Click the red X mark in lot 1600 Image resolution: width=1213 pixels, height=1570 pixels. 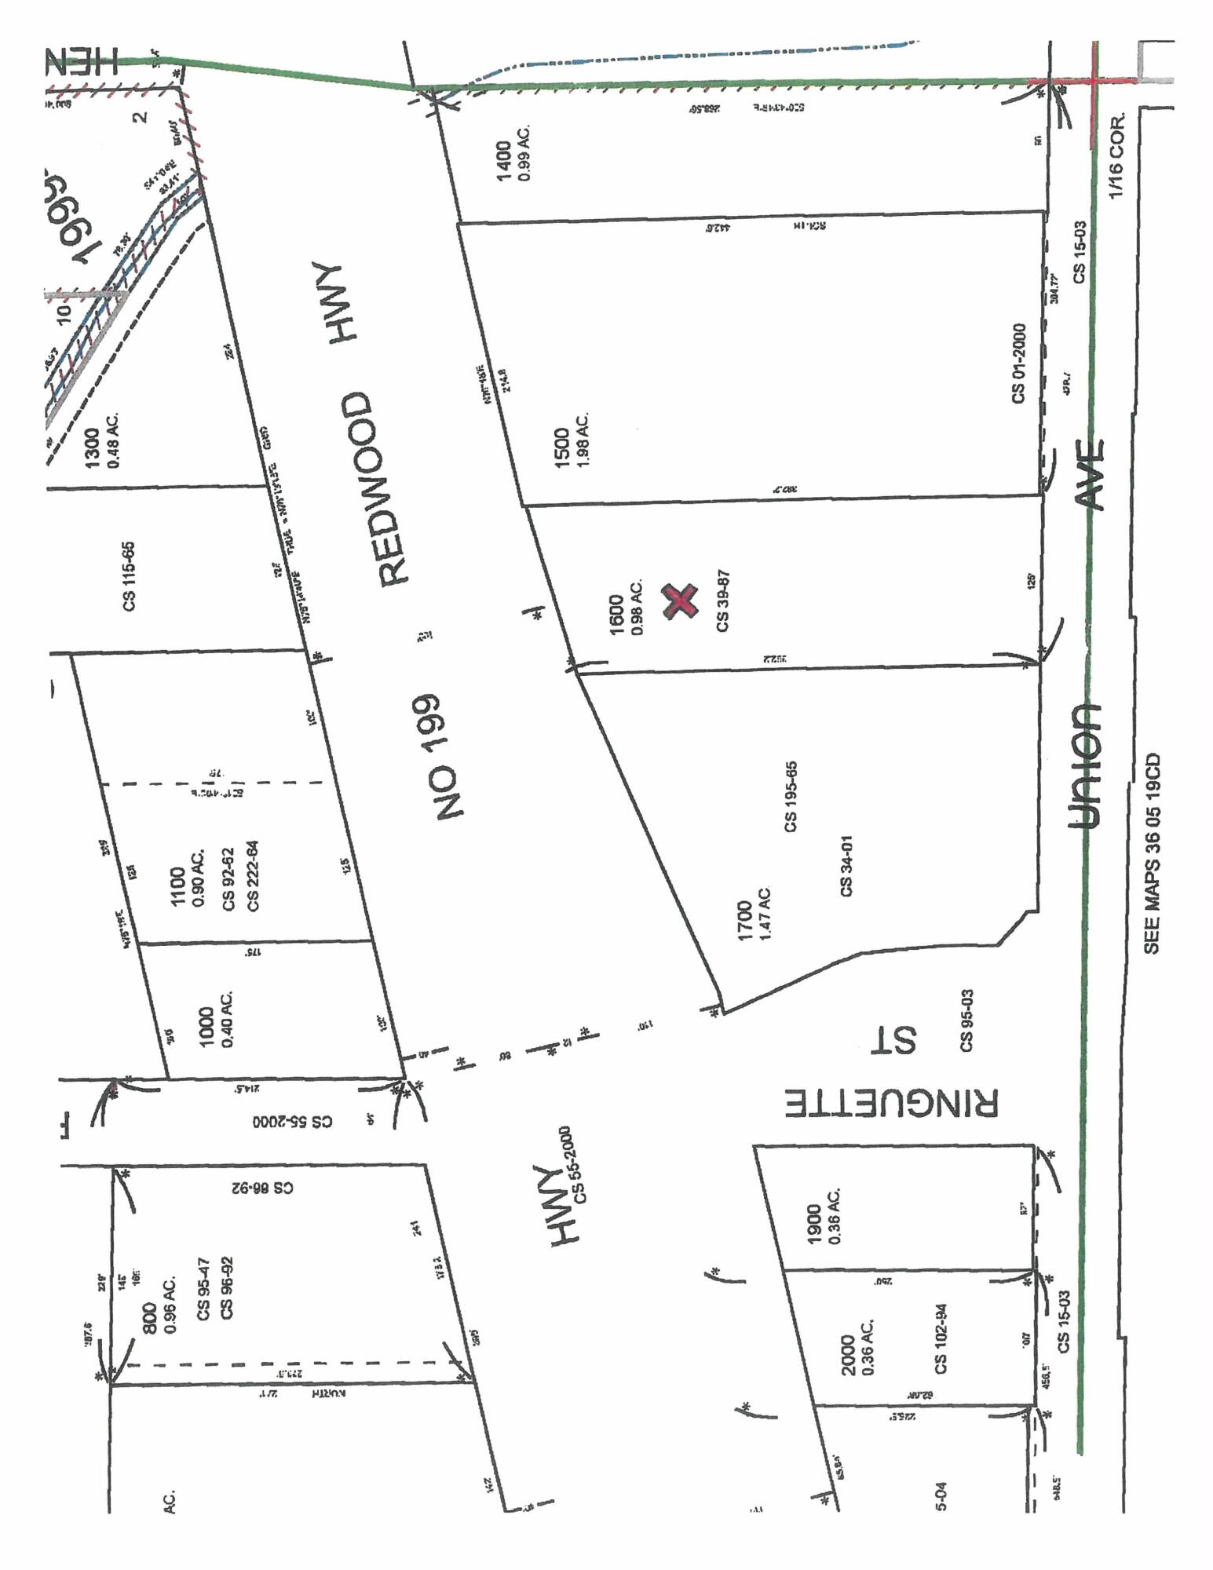[680, 601]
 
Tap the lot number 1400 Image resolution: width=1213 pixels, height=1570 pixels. [503, 160]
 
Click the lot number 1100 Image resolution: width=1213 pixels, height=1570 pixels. [178, 888]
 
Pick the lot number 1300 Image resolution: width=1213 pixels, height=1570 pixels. [92, 447]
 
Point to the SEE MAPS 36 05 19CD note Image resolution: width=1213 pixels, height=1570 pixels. [1152, 854]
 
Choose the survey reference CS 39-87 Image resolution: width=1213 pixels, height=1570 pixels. [722, 600]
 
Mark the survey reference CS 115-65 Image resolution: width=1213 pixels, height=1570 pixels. [129, 575]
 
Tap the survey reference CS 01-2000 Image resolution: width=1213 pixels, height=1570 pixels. [1018, 363]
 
